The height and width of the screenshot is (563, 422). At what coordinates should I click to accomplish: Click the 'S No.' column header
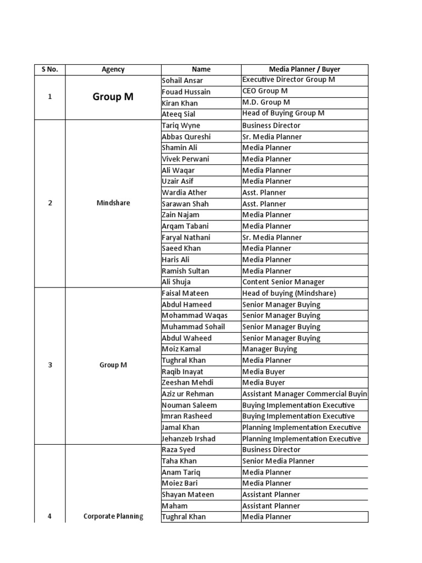pos(49,69)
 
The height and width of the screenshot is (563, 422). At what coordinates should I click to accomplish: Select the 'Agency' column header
pos(113,69)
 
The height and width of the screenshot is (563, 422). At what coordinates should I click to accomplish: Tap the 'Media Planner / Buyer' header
pos(304,69)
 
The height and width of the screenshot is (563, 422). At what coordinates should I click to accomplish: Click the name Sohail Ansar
pos(182,80)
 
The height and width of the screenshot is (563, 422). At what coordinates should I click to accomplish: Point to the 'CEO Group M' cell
pos(265,91)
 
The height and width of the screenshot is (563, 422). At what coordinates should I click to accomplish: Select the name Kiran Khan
pos(180,103)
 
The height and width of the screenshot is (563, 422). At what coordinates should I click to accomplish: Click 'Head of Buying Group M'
pos(283,113)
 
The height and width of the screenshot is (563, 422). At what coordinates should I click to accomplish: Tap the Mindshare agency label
pos(113,203)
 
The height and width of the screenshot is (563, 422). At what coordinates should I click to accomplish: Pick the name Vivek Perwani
pos(185,159)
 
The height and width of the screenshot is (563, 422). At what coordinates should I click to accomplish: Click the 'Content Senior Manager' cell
pos(283,282)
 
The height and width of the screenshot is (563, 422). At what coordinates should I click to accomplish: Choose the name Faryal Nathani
pos(186,238)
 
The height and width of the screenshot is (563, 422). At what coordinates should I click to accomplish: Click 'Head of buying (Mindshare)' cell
pos(288,293)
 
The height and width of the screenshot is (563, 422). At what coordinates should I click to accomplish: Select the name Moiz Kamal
pos(181,349)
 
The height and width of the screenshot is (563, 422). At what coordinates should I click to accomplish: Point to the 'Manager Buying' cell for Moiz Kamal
pos(269,349)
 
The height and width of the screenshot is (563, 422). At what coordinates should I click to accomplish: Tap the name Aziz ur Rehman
pos(187,394)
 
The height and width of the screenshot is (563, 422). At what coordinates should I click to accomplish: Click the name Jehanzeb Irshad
pos(188,439)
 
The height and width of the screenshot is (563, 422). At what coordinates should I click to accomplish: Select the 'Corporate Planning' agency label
pos(113,516)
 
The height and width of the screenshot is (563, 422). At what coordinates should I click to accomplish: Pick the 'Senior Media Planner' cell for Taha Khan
pos(278,461)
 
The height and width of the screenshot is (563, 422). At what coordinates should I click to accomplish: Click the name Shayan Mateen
pos(187,494)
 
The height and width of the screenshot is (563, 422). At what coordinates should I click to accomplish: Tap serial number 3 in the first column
pos(49,365)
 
